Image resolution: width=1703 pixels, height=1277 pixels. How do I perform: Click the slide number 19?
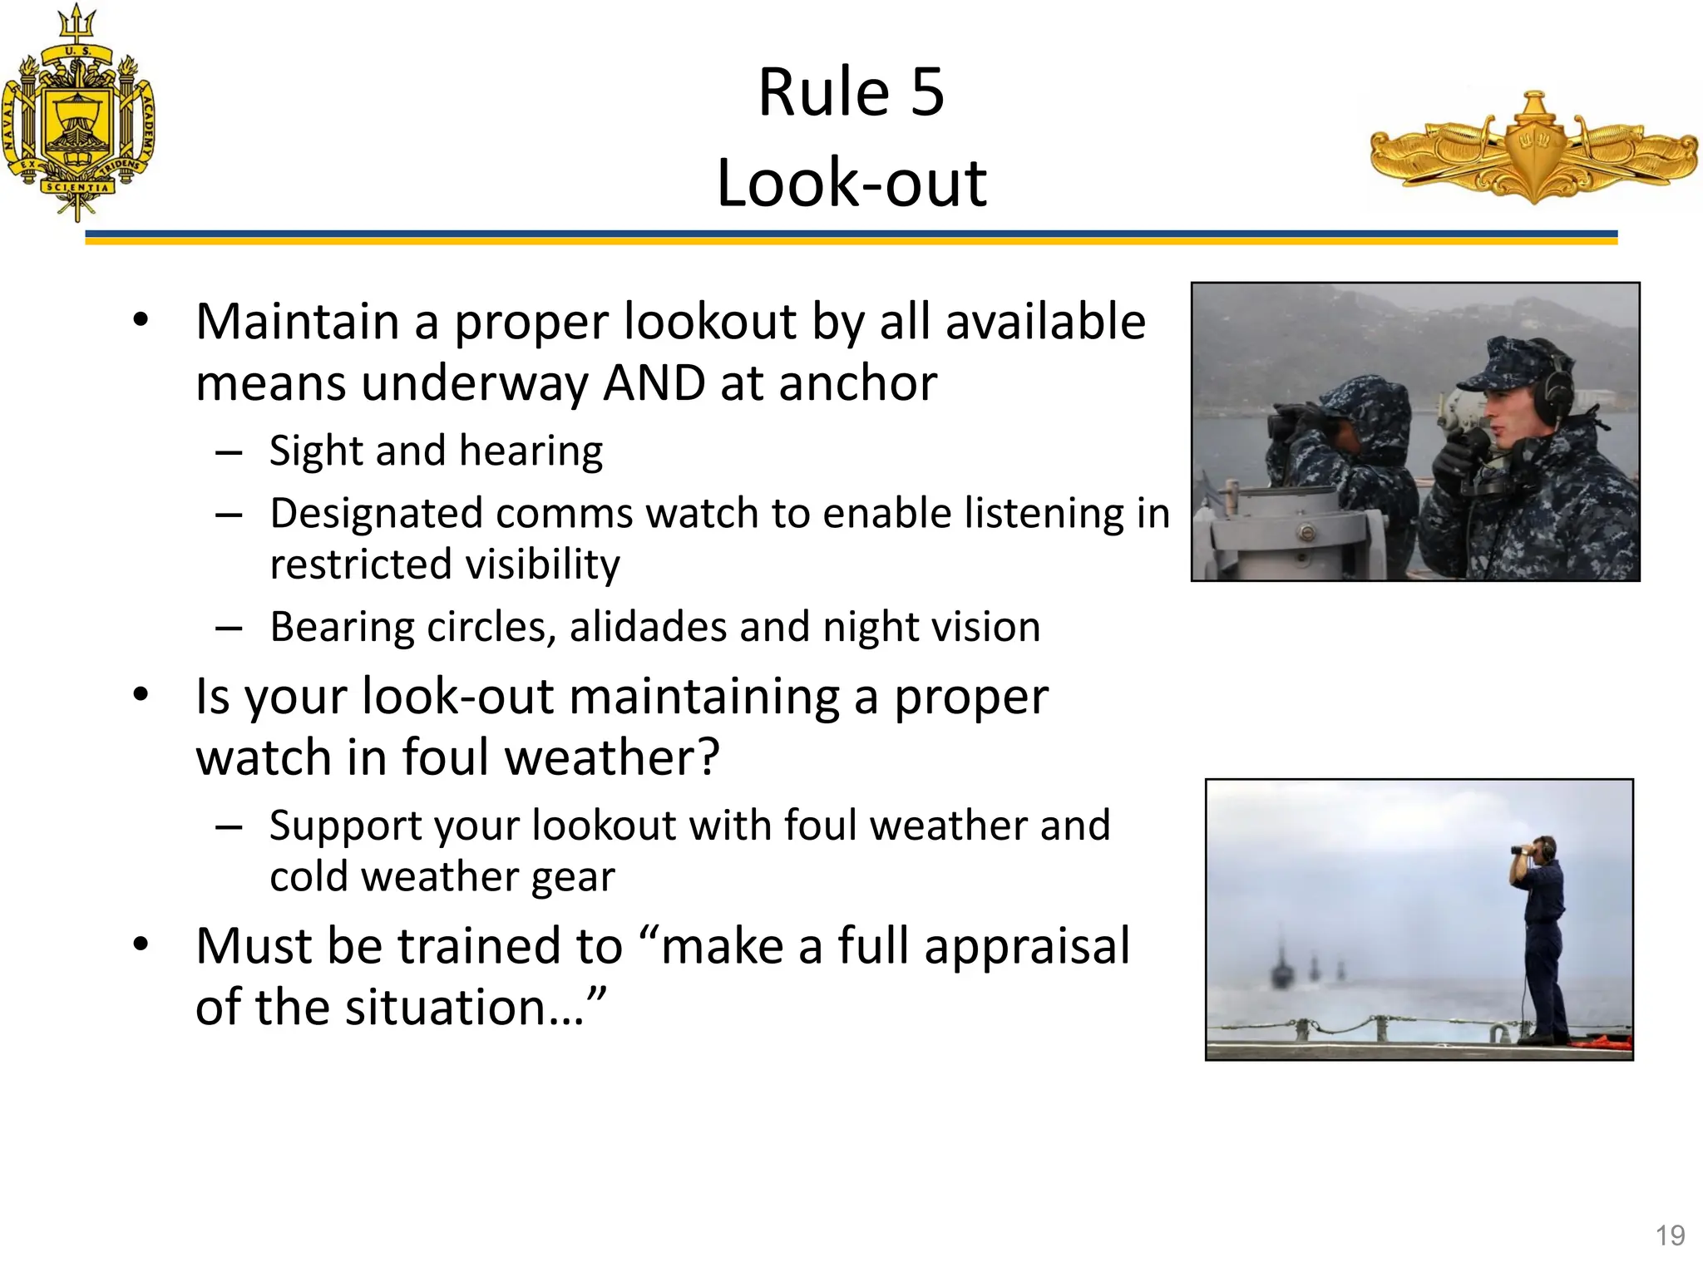tap(1670, 1235)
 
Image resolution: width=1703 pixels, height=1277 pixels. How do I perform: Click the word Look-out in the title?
tap(851, 183)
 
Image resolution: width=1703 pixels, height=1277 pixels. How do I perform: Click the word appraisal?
tap(1027, 946)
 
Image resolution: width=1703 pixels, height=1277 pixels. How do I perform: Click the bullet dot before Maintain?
tap(141, 320)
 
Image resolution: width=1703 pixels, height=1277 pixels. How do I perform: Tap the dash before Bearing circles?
tap(229, 629)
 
